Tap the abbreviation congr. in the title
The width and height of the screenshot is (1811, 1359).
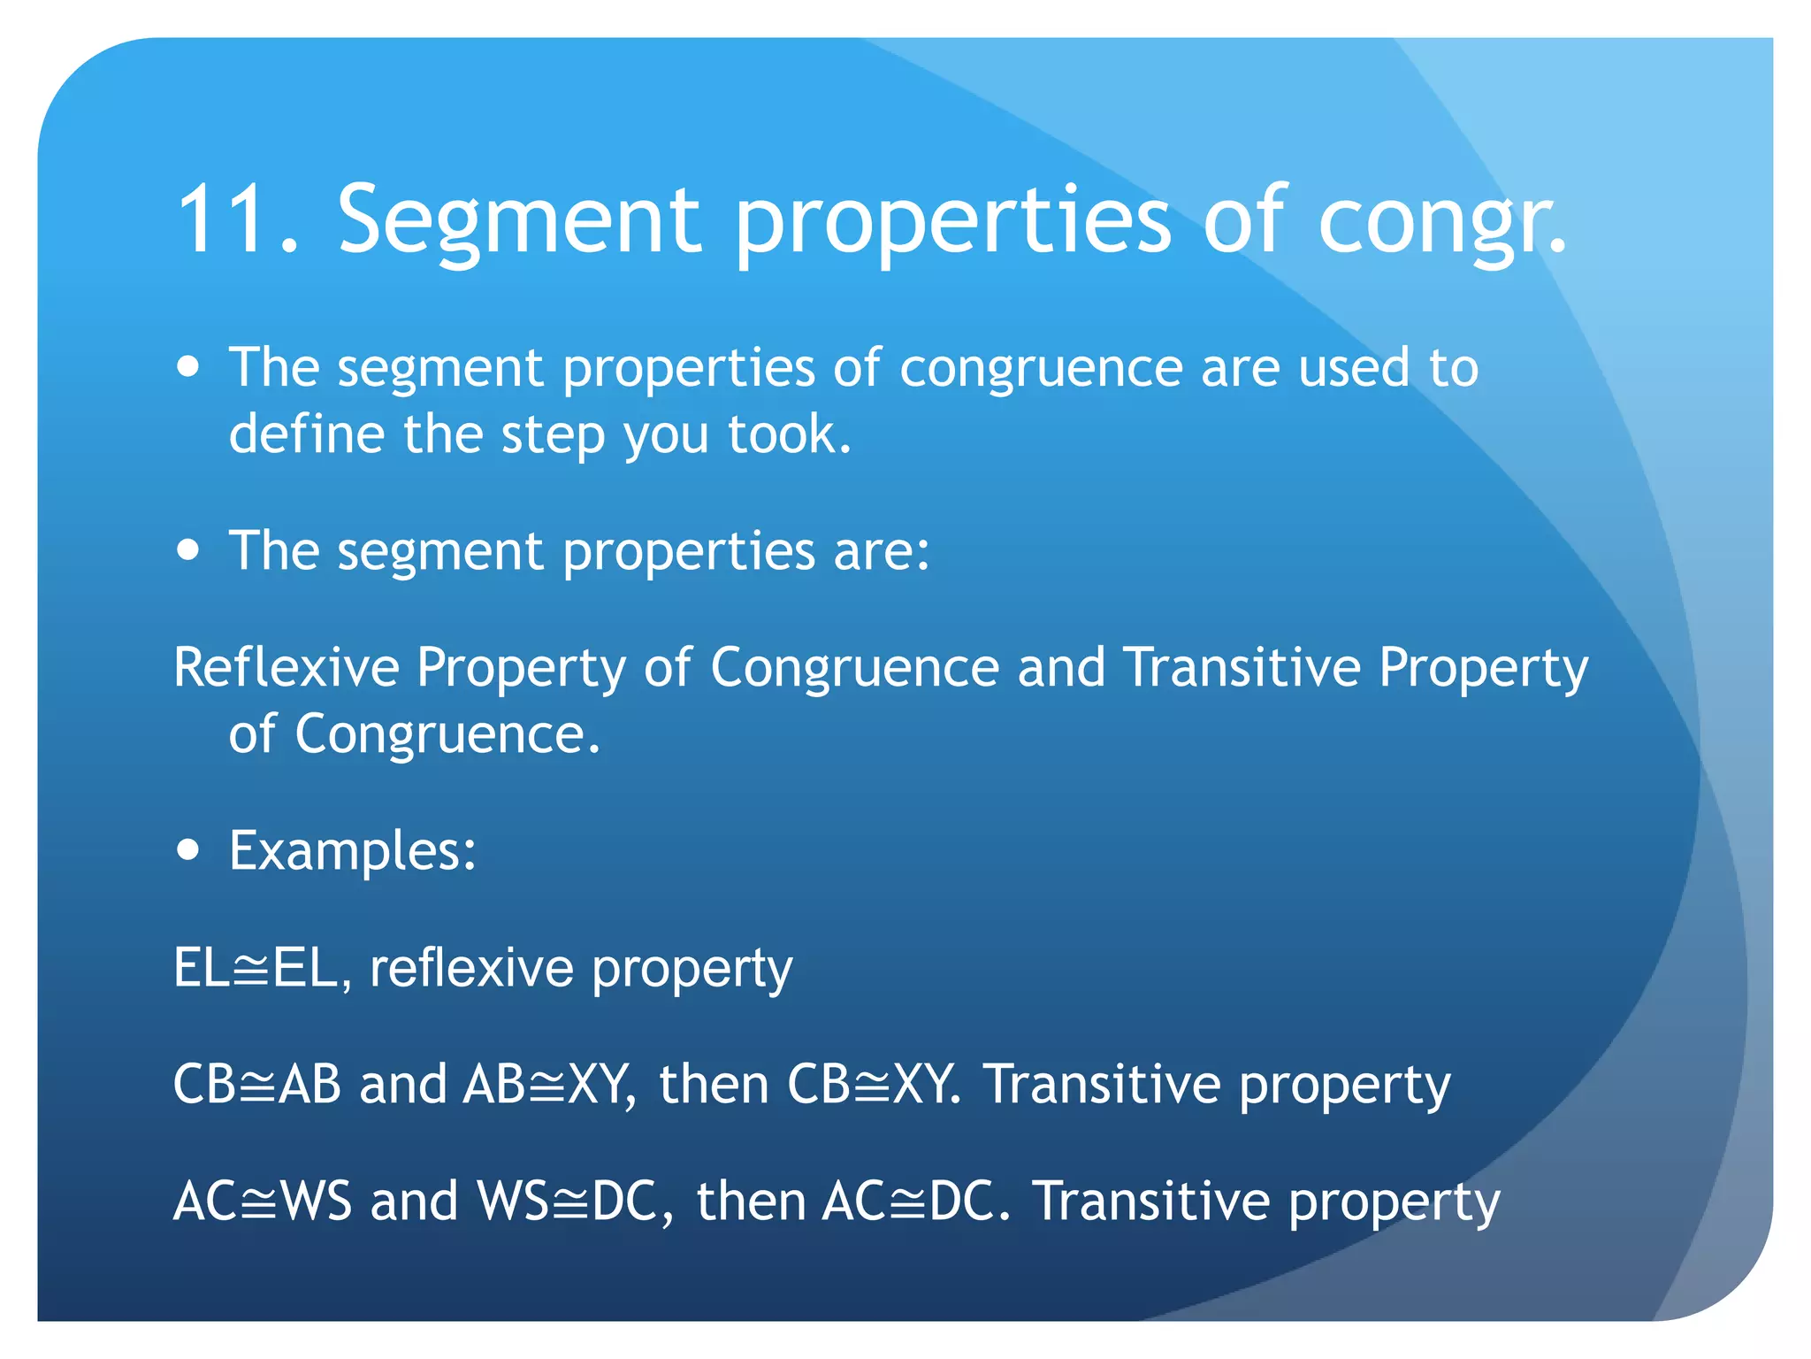(1442, 220)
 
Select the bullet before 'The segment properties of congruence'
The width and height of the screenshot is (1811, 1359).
(187, 366)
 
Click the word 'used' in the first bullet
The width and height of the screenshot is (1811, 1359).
(1353, 368)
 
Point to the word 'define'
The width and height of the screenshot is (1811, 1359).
(306, 434)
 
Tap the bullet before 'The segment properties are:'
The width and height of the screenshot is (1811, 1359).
(187, 550)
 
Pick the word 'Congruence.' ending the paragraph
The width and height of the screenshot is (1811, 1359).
(447, 734)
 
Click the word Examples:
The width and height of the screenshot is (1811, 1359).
(353, 851)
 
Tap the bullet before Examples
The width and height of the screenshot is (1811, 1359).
(187, 850)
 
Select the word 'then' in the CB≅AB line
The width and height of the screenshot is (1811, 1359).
(714, 1085)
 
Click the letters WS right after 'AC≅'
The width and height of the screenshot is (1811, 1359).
(316, 1202)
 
